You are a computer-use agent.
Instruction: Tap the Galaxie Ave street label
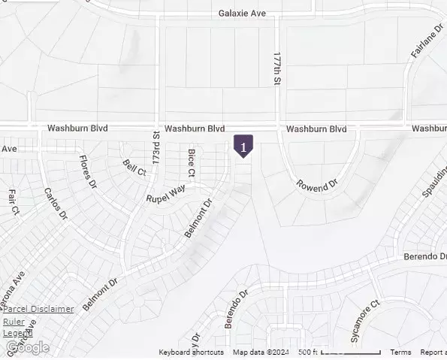click(x=243, y=13)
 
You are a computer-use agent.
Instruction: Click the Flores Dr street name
click(x=88, y=172)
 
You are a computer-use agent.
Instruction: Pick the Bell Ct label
click(x=134, y=168)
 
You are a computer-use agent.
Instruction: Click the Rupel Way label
click(x=165, y=195)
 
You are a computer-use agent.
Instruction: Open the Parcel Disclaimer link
click(x=38, y=309)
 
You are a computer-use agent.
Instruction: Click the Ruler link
click(x=14, y=322)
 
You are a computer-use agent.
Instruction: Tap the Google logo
click(x=27, y=347)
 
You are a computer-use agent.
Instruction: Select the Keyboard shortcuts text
click(x=191, y=352)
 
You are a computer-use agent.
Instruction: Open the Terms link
click(x=400, y=352)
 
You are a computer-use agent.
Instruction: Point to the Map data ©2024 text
click(x=261, y=352)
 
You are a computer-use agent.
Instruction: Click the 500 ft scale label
click(x=307, y=352)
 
